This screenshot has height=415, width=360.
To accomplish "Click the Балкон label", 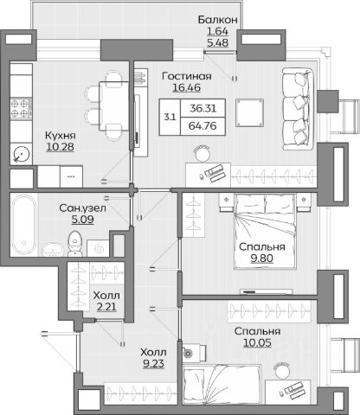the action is pyautogui.click(x=218, y=20).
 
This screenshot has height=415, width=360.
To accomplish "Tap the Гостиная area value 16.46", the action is pyautogui.click(x=187, y=87).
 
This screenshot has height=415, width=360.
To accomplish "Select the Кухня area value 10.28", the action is pyautogui.click(x=60, y=147).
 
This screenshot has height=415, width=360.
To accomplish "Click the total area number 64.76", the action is pyautogui.click(x=202, y=126).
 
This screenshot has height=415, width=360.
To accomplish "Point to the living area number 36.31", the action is pyautogui.click(x=202, y=108).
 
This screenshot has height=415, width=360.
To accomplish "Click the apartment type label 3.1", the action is pyautogui.click(x=170, y=117).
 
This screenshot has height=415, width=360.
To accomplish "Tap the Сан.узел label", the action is pyautogui.click(x=82, y=207).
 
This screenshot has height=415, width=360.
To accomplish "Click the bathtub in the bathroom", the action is pyautogui.click(x=24, y=225).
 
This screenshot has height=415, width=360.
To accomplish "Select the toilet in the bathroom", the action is pyautogui.click(x=75, y=244).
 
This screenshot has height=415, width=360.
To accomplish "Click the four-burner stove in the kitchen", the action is pyautogui.click(x=21, y=108).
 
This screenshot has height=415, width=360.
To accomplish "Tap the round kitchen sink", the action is pyautogui.click(x=22, y=154).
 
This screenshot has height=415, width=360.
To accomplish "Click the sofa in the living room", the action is pyautogui.click(x=298, y=109).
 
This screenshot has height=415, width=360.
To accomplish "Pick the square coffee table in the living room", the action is pyautogui.click(x=249, y=112).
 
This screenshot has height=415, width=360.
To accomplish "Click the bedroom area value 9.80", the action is pyautogui.click(x=261, y=259).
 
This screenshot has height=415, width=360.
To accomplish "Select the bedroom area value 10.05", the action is pyautogui.click(x=257, y=343).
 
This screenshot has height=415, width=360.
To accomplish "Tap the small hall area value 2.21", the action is pyautogui.click(x=106, y=307).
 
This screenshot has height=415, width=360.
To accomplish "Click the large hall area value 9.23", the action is pyautogui.click(x=153, y=364).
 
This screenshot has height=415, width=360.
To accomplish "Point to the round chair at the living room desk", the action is pyautogui.click(x=202, y=154).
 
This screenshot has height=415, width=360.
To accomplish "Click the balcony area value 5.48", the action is pyautogui.click(x=218, y=42).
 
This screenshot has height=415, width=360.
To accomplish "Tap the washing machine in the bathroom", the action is pyautogui.click(x=98, y=248).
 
